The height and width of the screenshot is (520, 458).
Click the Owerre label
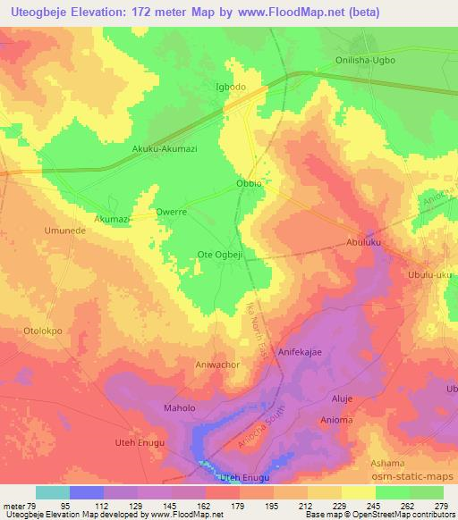click(x=170, y=214)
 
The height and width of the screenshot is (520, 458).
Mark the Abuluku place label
click(x=365, y=242)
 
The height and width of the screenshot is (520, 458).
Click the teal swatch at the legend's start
click(x=52, y=492)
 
